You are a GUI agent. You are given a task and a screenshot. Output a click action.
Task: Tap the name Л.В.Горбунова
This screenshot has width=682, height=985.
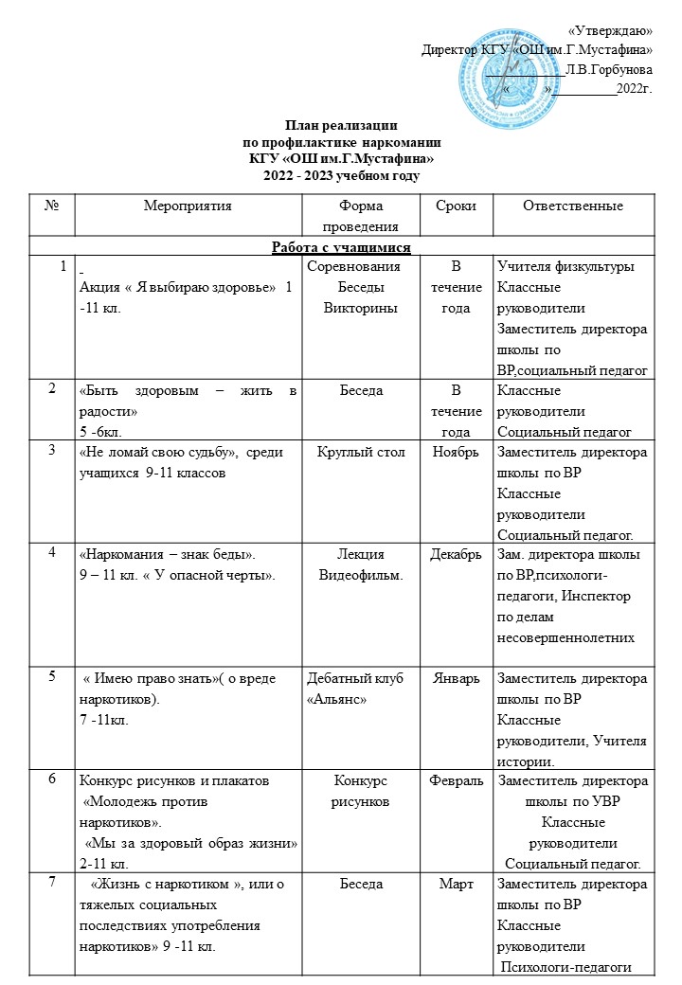608,69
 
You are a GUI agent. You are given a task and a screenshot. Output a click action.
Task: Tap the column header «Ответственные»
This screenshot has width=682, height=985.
572,205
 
